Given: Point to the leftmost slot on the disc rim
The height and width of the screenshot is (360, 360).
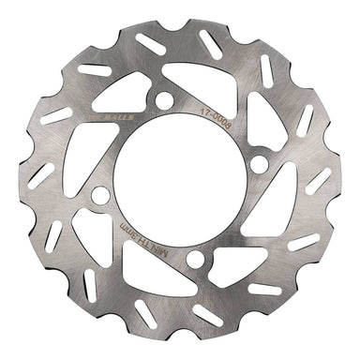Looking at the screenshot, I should click(x=42, y=174).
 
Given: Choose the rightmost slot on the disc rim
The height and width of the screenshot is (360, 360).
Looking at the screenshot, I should click(x=319, y=180).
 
